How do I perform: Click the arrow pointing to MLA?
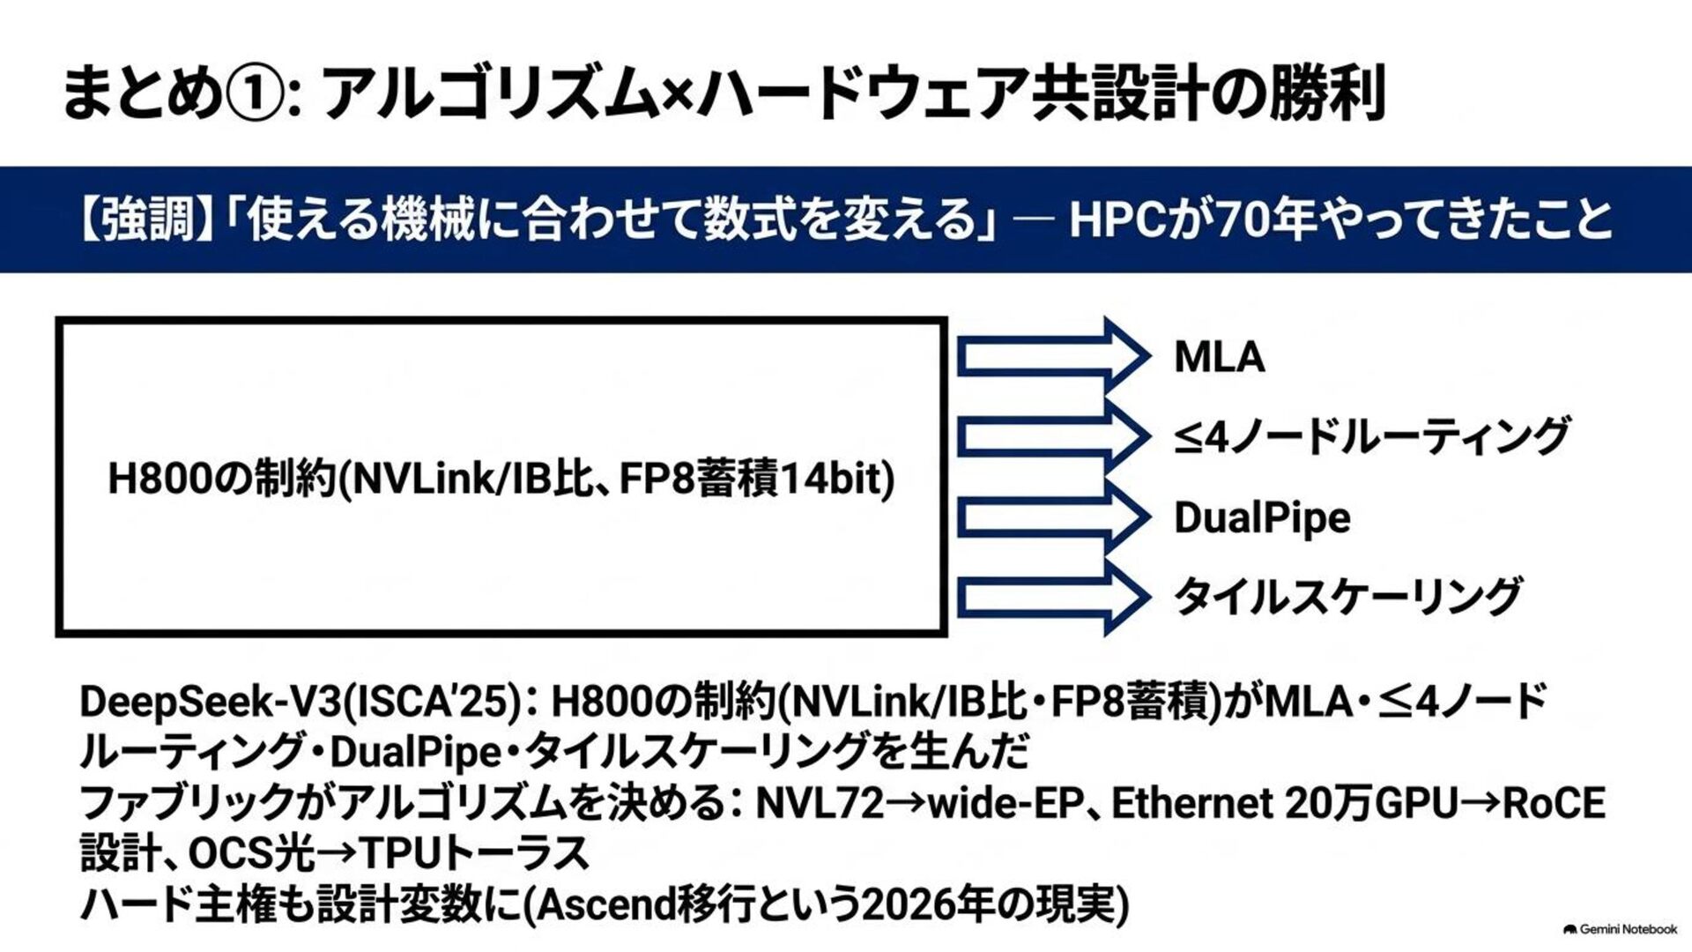point(1054,357)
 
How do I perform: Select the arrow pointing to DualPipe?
point(1054,517)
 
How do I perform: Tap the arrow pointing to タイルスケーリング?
point(1054,598)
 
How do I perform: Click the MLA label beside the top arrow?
point(1220,357)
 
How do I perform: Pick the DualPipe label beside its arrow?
point(1262,518)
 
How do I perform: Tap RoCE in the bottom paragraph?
point(1554,803)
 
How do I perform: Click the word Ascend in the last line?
point(606,904)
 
